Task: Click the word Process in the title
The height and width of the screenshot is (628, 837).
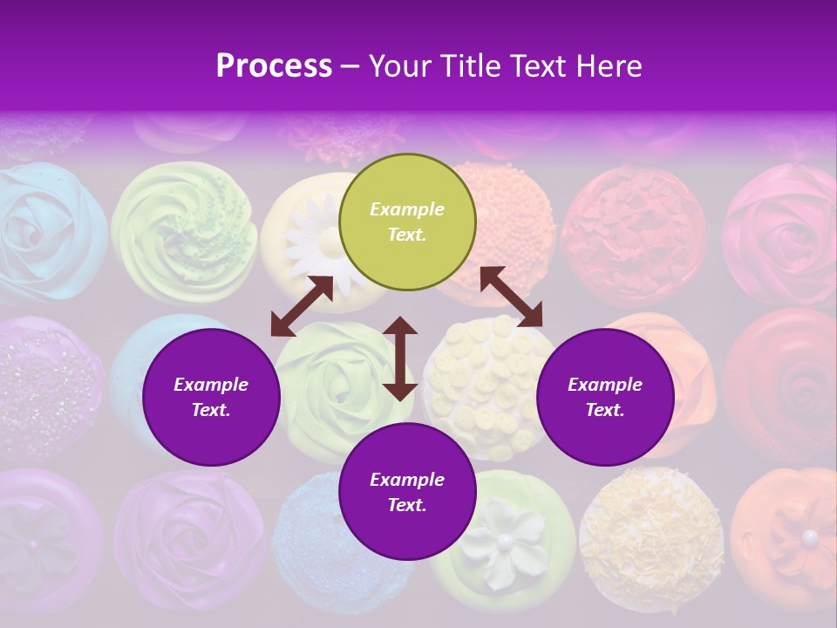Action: coord(274,66)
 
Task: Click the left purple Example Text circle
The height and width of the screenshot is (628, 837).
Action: coord(211,397)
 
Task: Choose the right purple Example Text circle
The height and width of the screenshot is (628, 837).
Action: coord(605,397)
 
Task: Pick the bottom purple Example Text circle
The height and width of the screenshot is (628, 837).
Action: coord(407,492)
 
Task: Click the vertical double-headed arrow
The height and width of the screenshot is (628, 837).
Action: coord(400,358)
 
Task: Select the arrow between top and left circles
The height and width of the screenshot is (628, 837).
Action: coord(302,306)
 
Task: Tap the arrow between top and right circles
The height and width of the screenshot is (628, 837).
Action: coord(511,297)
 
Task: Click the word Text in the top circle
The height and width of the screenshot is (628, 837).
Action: coord(406,235)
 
